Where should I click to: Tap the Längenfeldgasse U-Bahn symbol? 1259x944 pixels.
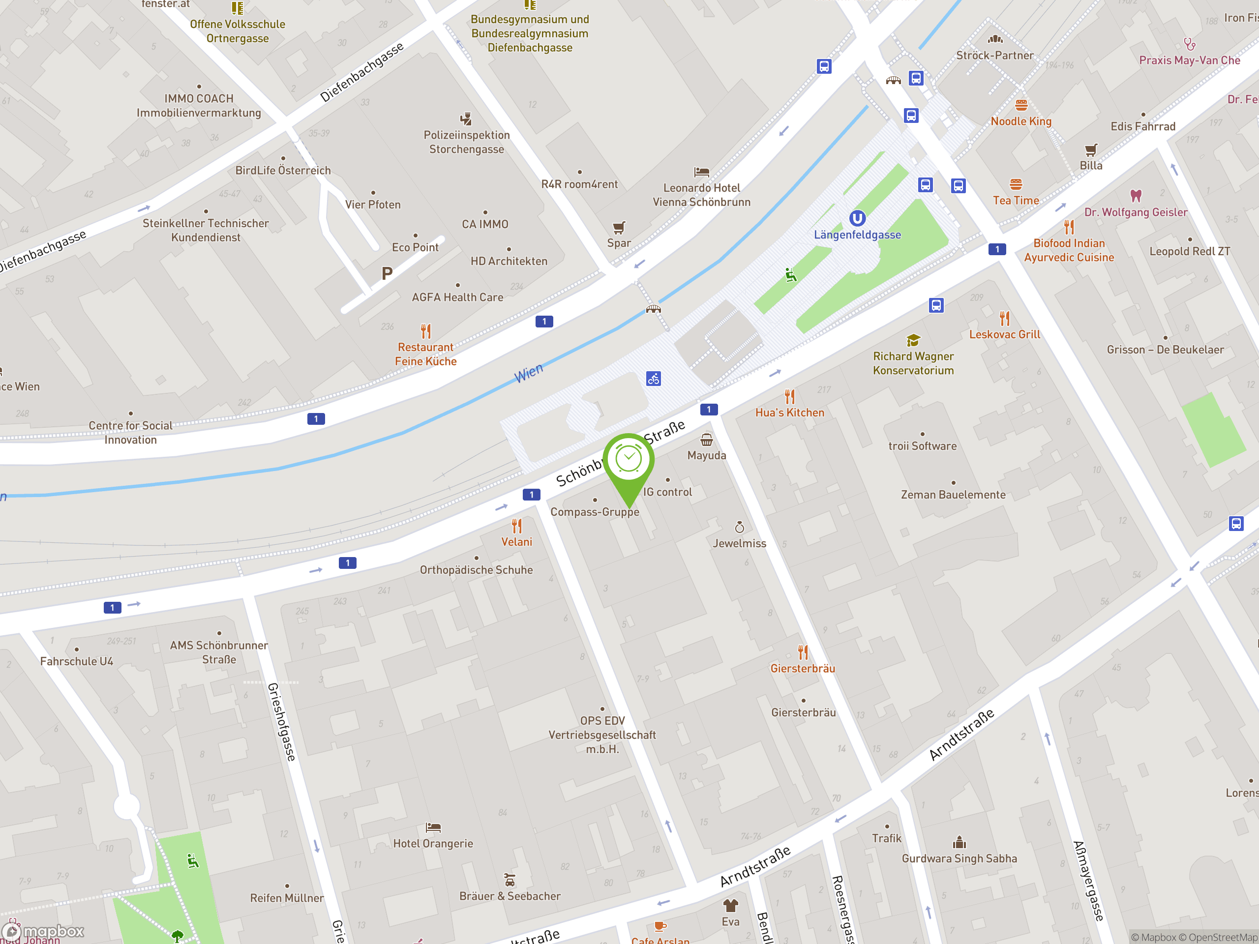(857, 218)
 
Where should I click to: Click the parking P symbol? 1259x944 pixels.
(387, 274)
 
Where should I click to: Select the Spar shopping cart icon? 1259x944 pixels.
(619, 228)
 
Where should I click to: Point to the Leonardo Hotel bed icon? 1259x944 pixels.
(701, 172)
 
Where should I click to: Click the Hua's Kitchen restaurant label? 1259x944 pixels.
(789, 413)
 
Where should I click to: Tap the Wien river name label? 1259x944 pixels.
(529, 373)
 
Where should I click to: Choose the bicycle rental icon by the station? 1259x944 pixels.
(654, 379)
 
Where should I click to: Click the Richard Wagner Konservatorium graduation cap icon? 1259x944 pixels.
(913, 340)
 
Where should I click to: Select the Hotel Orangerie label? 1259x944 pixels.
(433, 843)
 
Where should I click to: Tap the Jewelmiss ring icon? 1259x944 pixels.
(739, 527)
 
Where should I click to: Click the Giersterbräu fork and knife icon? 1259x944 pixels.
(803, 651)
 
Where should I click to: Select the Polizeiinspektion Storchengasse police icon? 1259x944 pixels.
(466, 119)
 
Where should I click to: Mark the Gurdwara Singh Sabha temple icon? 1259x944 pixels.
(959, 842)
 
